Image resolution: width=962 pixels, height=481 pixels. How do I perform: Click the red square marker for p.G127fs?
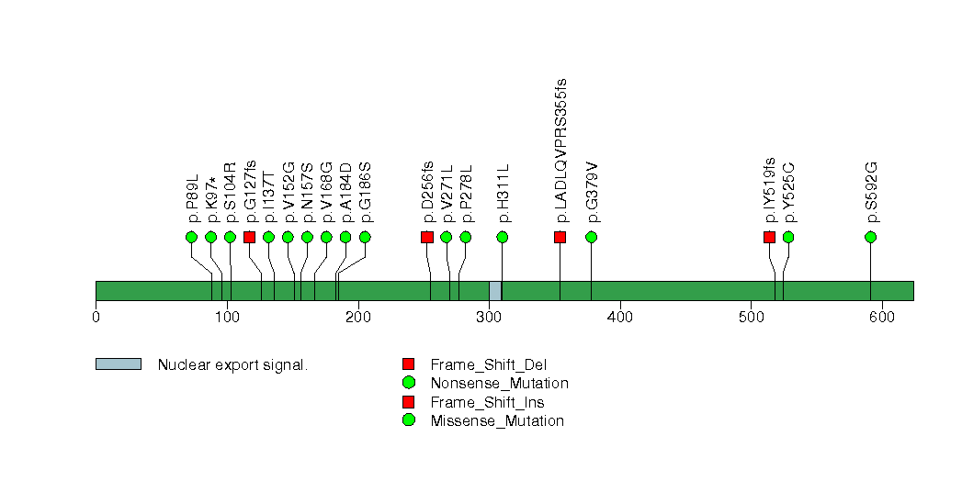pyautogui.click(x=249, y=237)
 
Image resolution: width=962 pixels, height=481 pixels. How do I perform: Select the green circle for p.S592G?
pyautogui.click(x=870, y=237)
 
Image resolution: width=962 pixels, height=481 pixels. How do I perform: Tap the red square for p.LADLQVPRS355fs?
pyautogui.click(x=560, y=237)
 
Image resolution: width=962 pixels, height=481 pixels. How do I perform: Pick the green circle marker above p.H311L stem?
pyautogui.click(x=503, y=237)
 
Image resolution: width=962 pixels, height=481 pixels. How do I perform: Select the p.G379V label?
pyautogui.click(x=592, y=193)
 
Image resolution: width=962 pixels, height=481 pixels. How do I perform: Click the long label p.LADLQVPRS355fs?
pyautogui.click(x=560, y=151)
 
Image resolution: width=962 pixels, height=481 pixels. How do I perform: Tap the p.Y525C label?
pyautogui.click(x=789, y=193)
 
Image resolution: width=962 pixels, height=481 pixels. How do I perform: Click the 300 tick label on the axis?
pyautogui.click(x=489, y=317)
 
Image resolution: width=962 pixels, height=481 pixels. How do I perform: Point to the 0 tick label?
pyautogui.click(x=96, y=317)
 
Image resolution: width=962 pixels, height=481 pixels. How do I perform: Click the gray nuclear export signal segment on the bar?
pyautogui.click(x=495, y=291)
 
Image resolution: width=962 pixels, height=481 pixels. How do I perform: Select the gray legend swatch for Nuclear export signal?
pyautogui.click(x=119, y=364)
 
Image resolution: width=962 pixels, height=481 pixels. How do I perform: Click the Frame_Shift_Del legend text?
pyautogui.click(x=489, y=365)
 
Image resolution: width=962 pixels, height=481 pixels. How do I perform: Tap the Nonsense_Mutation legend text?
pyautogui.click(x=500, y=384)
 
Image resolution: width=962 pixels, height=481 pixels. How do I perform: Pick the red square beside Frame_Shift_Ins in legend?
pyautogui.click(x=408, y=402)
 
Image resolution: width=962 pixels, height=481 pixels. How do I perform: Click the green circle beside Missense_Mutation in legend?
pyautogui.click(x=408, y=420)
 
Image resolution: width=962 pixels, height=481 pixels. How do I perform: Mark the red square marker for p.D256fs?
pyautogui.click(x=427, y=237)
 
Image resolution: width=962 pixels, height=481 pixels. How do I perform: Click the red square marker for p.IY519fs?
pyautogui.click(x=769, y=237)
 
